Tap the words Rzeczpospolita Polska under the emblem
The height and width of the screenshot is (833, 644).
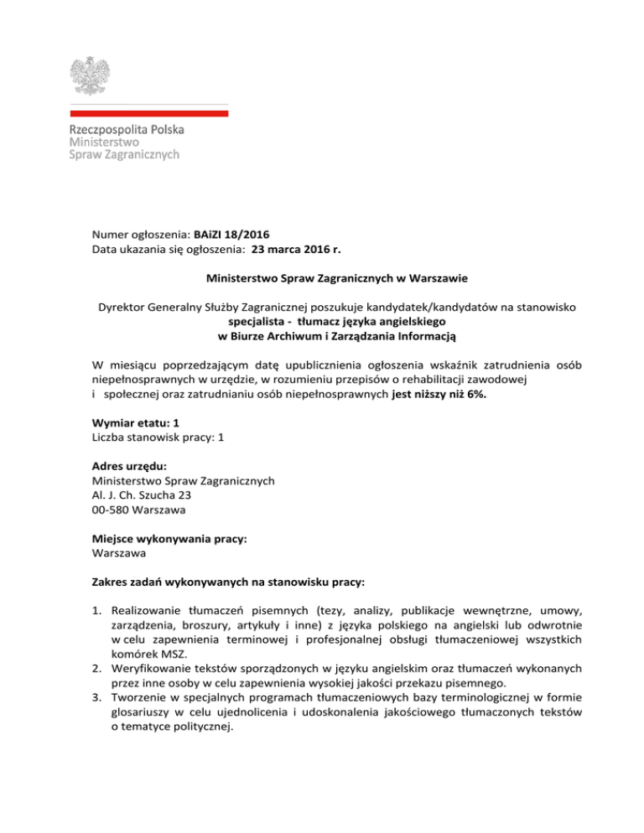[x=126, y=130]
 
